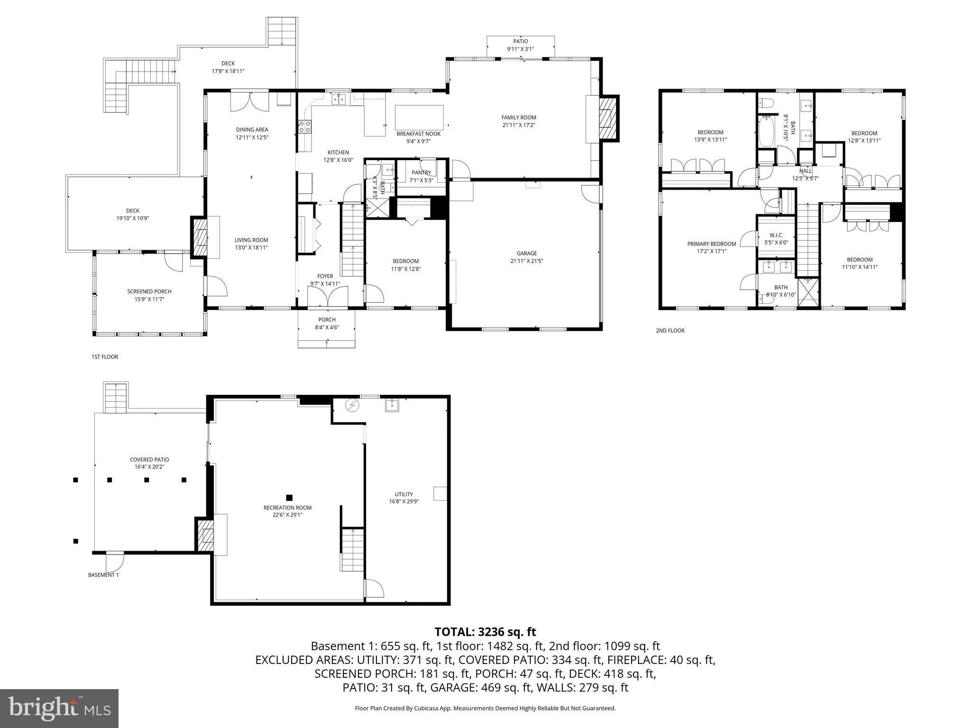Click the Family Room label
[519, 118]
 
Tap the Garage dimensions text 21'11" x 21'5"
[527, 261]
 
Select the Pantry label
[421, 173]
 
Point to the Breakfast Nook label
[418, 134]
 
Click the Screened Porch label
[149, 291]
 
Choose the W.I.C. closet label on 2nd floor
[776, 235]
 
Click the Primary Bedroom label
[712, 244]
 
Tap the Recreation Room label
[287, 508]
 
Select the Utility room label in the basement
[404, 494]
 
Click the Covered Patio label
[149, 460]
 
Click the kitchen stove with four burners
[304, 127]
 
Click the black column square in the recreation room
[289, 498]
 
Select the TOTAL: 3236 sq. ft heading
[485, 632]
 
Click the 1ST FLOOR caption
[104, 357]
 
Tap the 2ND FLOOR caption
[670, 331]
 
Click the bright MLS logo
[59, 708]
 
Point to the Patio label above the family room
[520, 41]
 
